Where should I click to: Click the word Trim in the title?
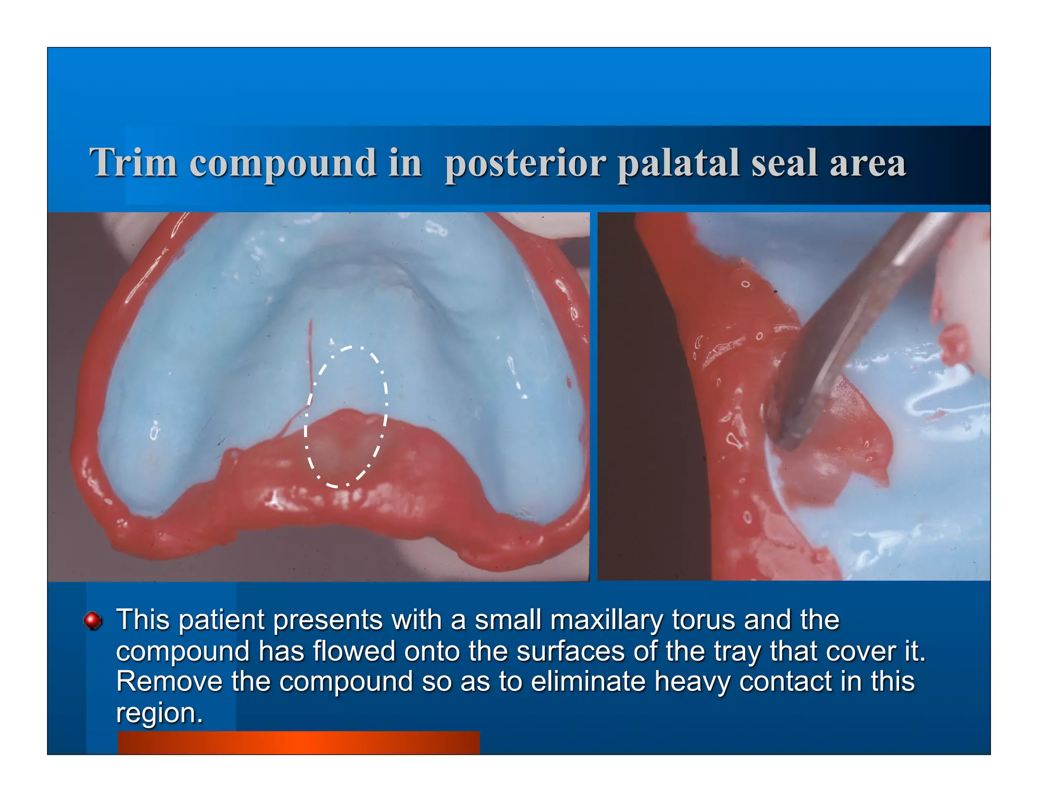[x=133, y=163]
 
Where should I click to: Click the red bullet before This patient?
[x=93, y=620]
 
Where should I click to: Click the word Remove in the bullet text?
[x=169, y=681]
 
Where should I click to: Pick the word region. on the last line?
[x=159, y=713]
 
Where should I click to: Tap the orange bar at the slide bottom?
[x=298, y=742]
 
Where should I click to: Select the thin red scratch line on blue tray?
[x=311, y=355]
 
